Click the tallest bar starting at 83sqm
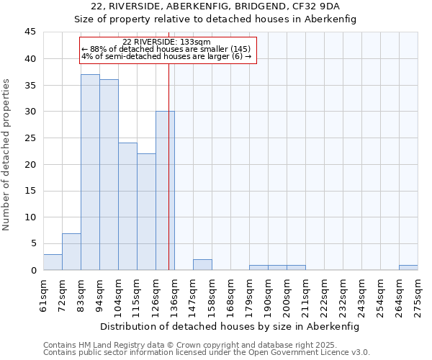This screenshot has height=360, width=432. pos(90,172)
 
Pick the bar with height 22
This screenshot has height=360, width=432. pos(146,212)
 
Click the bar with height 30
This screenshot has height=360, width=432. pos(165,191)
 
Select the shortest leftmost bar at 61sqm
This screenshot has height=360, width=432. pos(53,262)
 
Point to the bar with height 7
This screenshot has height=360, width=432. pos(71,252)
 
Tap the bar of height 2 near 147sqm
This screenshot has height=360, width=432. pos(202,265)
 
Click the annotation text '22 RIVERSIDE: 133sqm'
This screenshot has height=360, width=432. pos(166,42)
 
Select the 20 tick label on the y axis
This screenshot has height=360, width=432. pos(30,164)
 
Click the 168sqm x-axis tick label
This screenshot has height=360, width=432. pos(230,294)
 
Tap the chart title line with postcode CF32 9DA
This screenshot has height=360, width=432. pos(215,6)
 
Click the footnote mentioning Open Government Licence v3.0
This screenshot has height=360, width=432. pos(207,353)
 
